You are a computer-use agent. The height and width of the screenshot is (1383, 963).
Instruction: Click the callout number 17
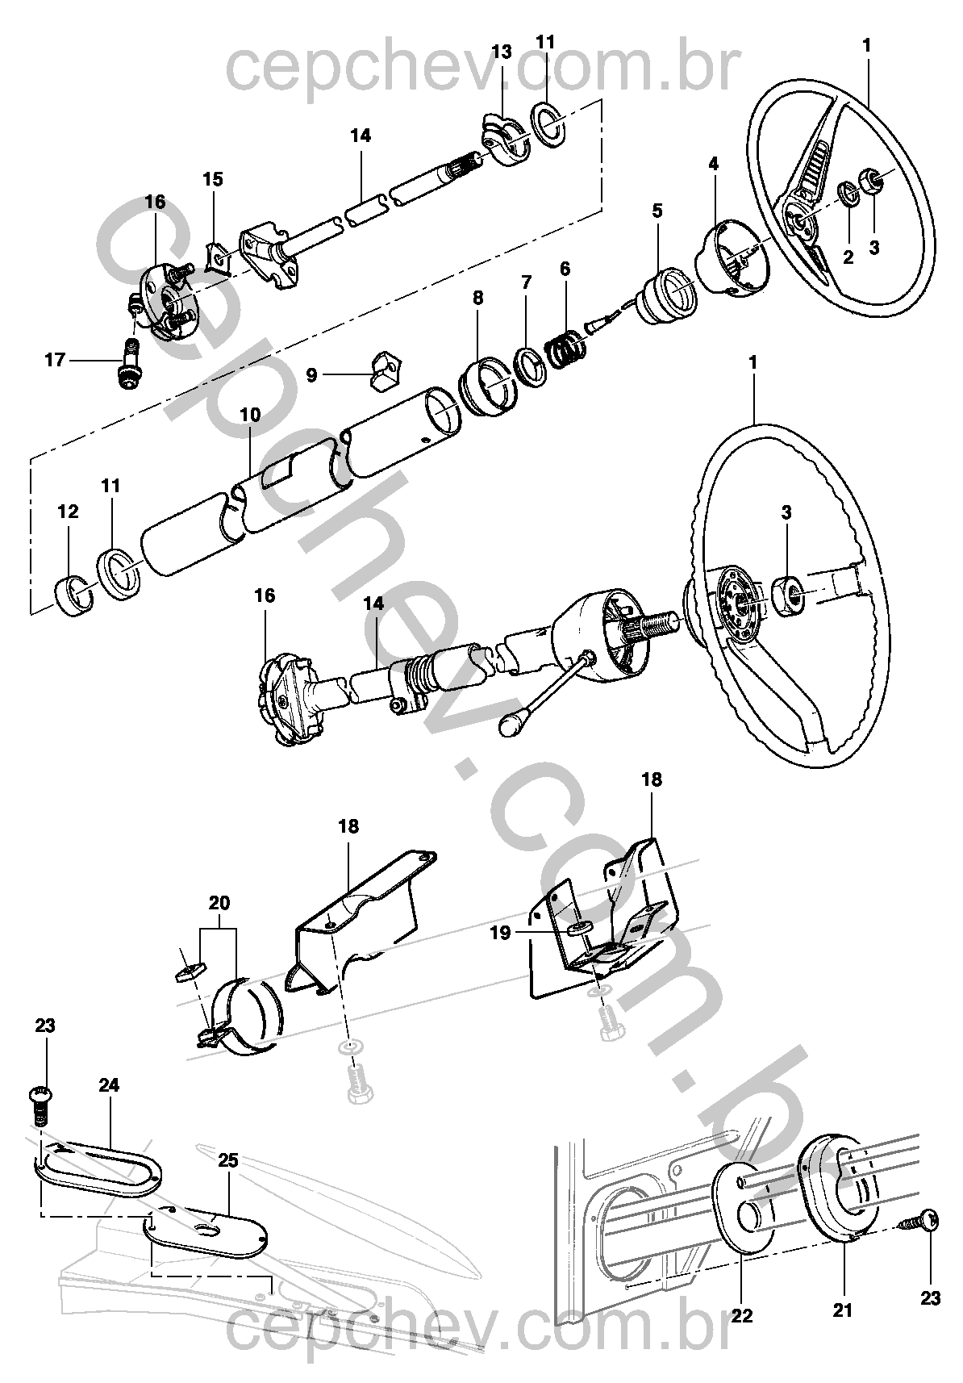coord(54,360)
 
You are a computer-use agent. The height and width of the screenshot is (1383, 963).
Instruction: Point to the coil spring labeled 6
coord(564,349)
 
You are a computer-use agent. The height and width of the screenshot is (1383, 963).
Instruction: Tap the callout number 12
coord(69,512)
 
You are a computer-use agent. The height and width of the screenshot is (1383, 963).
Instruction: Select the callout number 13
coord(501,52)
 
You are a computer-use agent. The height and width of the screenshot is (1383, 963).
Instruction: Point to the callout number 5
coord(657,211)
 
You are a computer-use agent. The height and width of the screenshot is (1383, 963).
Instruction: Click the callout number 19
coord(501,934)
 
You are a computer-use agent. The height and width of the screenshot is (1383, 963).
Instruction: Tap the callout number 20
coord(219,902)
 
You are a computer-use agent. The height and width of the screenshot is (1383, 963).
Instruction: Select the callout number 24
coord(109,1085)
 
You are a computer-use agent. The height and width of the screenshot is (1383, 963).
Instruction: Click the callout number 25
coord(228,1160)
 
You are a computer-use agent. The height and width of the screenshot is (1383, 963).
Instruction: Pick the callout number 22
coord(741,1314)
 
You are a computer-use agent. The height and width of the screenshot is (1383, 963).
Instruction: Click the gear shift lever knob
coord(511,725)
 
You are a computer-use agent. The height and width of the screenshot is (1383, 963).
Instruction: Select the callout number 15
coord(212,179)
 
